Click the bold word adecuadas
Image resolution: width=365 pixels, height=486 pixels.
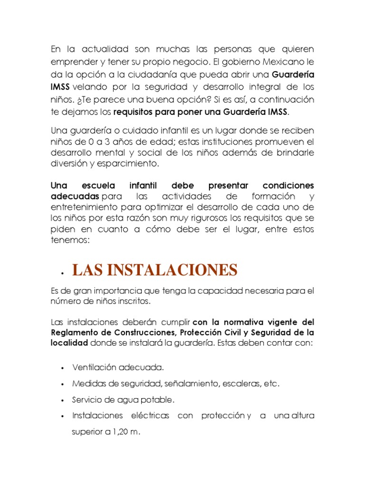tap(75, 196)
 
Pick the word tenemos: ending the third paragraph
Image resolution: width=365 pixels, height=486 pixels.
tap(69, 240)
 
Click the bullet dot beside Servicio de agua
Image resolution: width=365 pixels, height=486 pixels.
tap(63, 400)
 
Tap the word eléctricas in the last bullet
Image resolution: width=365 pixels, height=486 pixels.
tap(150, 416)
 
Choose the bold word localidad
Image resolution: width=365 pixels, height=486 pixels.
tap(69, 342)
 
